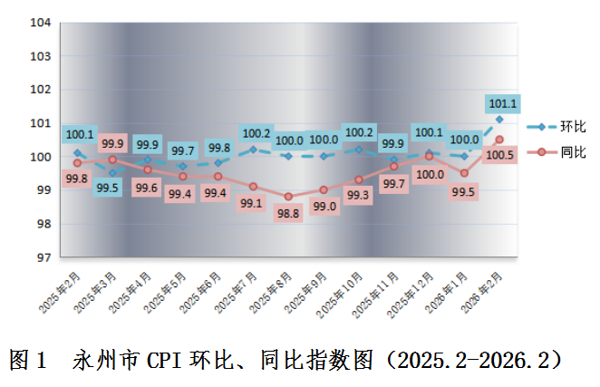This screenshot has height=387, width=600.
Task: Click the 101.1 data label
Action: click(503, 103)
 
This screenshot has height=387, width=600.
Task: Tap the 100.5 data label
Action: click(500, 155)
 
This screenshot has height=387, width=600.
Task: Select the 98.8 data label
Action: click(288, 212)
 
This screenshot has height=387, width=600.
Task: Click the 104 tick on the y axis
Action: click(39, 23)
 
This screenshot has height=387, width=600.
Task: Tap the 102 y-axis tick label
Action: click(39, 90)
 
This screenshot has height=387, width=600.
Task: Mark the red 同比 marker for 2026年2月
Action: click(499, 140)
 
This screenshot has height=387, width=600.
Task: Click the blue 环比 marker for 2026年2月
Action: click(499, 119)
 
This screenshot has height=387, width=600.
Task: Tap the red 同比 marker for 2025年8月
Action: click(288, 197)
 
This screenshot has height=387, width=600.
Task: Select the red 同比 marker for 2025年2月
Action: click(78, 163)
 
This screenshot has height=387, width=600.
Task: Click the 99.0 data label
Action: click(324, 206)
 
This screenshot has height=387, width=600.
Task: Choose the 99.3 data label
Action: click(358, 195)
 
